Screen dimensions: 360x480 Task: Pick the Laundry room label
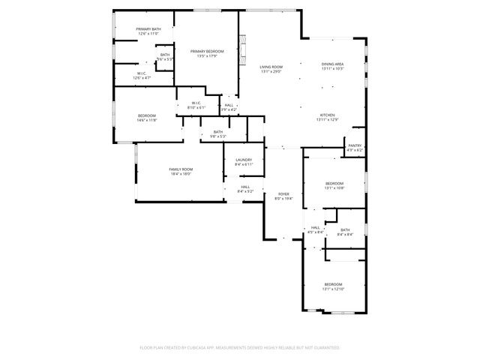(x=244, y=161)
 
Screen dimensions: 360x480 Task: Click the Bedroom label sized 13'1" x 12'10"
(x=333, y=286)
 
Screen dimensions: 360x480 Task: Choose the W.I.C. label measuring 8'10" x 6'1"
(x=195, y=105)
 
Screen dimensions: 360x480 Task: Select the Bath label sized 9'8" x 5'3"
(x=217, y=134)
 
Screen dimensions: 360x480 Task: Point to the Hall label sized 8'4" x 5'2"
(x=245, y=189)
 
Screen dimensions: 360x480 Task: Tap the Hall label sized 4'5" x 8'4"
(x=316, y=229)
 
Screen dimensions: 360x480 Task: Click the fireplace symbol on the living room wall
(x=241, y=49)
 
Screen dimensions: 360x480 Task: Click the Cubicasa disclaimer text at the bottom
(x=240, y=348)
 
